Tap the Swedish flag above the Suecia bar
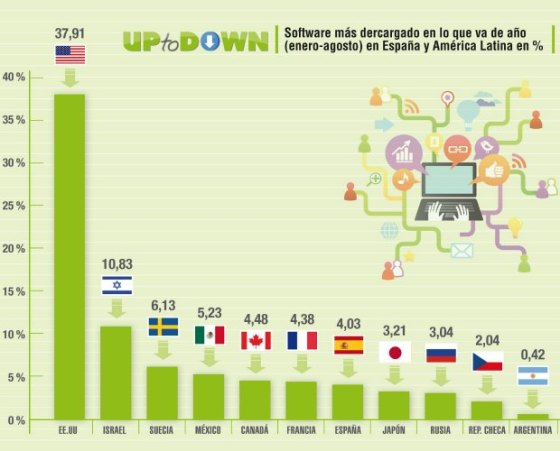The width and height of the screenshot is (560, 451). tap(163, 327)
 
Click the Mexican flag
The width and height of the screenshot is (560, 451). tap(209, 335)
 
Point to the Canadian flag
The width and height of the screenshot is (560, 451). tap(255, 340)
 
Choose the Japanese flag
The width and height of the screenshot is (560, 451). tap(394, 351)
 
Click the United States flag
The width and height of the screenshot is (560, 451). tap(70, 54)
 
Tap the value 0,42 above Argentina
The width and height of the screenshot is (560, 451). tap(533, 354)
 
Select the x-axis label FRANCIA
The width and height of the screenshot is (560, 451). tap(301, 430)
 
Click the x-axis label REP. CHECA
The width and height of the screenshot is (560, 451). tap(487, 430)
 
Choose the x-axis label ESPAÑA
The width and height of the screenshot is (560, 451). tap(348, 430)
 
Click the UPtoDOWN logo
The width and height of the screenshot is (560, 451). tap(195, 41)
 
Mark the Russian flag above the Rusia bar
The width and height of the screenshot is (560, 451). tap(441, 353)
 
